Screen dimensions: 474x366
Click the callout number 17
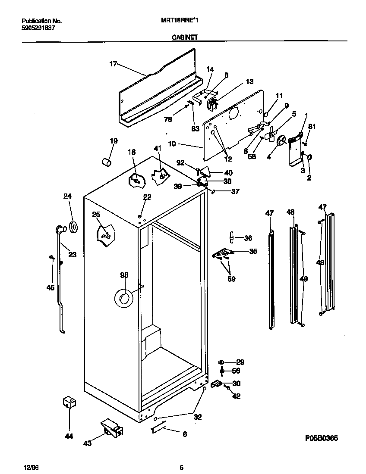tap(113, 64)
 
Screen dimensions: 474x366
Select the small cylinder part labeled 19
tap(106, 162)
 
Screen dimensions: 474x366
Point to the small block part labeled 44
tap(68, 402)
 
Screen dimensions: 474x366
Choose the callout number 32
tap(197, 417)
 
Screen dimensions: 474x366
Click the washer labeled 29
tap(221, 362)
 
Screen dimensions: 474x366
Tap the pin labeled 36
tap(232, 237)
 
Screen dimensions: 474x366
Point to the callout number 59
tap(231, 279)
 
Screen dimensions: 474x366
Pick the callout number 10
tap(172, 143)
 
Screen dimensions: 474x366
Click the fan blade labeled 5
tap(271, 134)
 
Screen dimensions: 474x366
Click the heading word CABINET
tap(185, 37)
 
